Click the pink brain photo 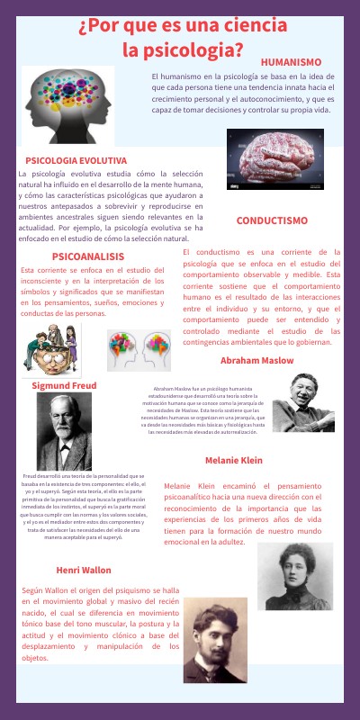tap(274, 157)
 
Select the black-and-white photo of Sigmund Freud tap(64, 432)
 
